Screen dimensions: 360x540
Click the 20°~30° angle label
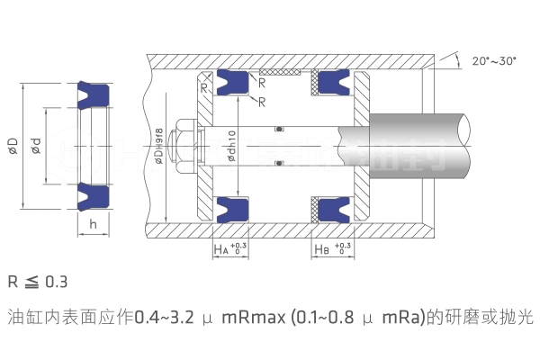(493, 61)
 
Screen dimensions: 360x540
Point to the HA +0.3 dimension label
(230, 247)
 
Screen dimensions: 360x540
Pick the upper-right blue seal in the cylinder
(332, 82)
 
